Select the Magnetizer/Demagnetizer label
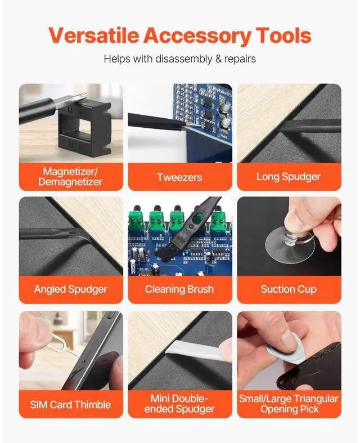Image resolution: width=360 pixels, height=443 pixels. (70, 176)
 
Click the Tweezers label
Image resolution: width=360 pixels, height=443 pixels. (179, 177)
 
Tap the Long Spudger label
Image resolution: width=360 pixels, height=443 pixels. (289, 177)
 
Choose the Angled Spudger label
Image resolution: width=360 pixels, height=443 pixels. (70, 289)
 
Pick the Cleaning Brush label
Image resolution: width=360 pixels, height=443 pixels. (179, 289)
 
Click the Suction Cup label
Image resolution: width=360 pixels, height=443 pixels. (289, 289)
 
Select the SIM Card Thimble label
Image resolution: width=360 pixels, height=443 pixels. (70, 404)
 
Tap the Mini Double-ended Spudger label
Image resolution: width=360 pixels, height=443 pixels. (179, 404)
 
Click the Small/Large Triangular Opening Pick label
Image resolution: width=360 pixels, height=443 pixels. (289, 404)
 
